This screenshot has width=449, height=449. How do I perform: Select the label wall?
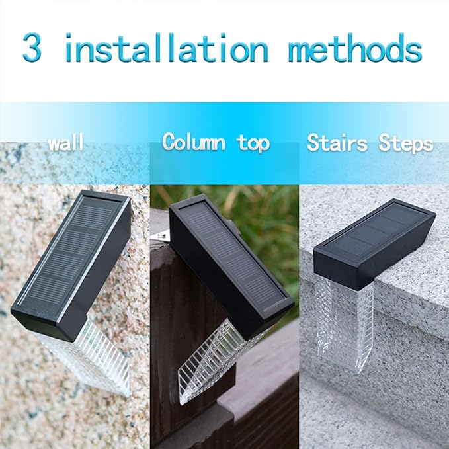pos(65,143)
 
